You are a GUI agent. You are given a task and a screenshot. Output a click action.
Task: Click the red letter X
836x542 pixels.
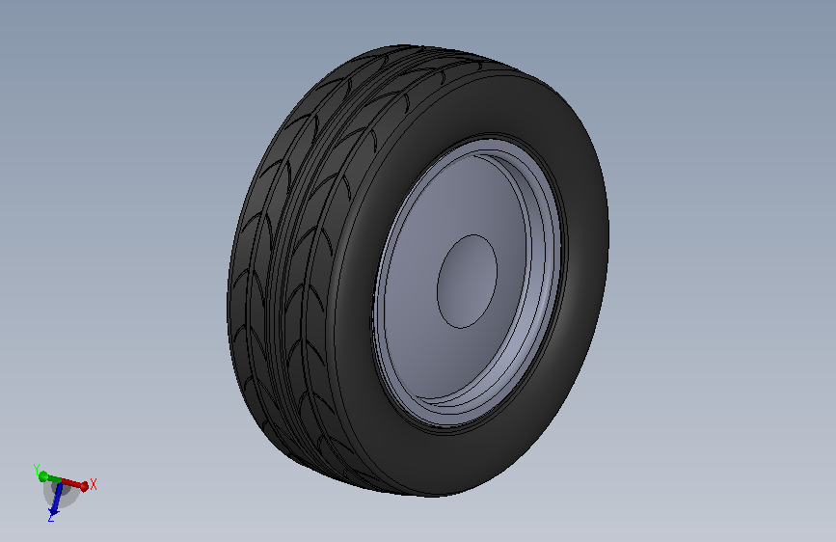[x=94, y=484]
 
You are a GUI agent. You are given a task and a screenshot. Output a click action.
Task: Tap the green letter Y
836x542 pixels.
[x=37, y=470]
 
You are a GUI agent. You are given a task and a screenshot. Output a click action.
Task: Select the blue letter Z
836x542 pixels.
[x=51, y=518]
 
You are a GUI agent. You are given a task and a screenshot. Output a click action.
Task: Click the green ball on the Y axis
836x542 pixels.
[x=43, y=476]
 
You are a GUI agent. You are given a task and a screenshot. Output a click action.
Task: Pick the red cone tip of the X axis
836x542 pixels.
[x=84, y=486]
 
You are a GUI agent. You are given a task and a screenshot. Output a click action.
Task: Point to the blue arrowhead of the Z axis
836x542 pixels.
[x=53, y=512]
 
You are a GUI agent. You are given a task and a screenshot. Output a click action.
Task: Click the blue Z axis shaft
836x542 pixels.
[x=57, y=495]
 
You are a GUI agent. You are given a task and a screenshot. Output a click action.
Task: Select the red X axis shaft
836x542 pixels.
[x=71, y=483]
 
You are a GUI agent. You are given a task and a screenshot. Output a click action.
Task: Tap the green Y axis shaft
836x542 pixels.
[x=53, y=478]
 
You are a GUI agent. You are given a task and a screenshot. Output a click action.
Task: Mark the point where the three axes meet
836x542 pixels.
[x=60, y=481]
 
